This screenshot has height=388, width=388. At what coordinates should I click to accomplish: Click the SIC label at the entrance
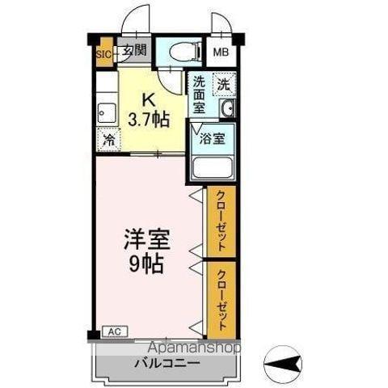103,55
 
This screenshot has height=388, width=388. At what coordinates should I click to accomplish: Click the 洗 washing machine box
224,82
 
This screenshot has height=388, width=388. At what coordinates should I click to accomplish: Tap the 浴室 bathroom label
213,137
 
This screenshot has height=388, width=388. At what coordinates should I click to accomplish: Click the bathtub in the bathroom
212,167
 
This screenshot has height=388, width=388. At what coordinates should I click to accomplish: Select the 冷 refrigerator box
108,138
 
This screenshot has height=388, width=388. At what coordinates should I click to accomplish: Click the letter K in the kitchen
149,100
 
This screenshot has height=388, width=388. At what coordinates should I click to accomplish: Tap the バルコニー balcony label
167,365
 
